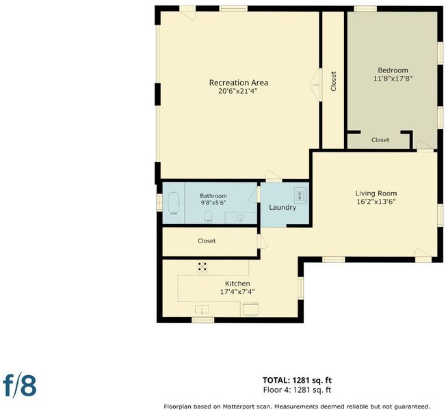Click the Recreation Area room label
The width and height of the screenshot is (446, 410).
point(238,83)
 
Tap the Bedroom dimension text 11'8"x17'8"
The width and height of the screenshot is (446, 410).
point(393,79)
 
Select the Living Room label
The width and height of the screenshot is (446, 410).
point(376,193)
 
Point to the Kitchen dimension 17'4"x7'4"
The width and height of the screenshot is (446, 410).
point(237,292)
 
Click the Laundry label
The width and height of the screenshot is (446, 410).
point(283,208)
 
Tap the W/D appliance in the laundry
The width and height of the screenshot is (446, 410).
point(300,195)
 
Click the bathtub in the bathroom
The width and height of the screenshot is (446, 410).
point(173,204)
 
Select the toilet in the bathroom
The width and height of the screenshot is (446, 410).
point(208,217)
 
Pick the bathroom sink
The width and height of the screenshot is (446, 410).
point(241,218)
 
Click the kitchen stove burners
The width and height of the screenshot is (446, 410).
point(202,267)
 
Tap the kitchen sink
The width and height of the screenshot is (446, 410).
point(202,310)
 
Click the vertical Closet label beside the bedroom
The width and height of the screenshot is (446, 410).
point(334,81)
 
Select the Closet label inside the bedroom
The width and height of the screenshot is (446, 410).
point(380,140)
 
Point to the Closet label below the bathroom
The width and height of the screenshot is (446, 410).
point(207,241)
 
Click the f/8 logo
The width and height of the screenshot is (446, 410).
point(20,385)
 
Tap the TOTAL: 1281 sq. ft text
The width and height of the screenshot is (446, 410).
point(297,380)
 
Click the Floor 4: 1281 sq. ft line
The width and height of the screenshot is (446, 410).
point(297,389)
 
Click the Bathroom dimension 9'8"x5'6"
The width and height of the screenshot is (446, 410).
point(213,203)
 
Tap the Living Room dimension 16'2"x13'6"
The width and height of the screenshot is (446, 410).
point(376,202)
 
